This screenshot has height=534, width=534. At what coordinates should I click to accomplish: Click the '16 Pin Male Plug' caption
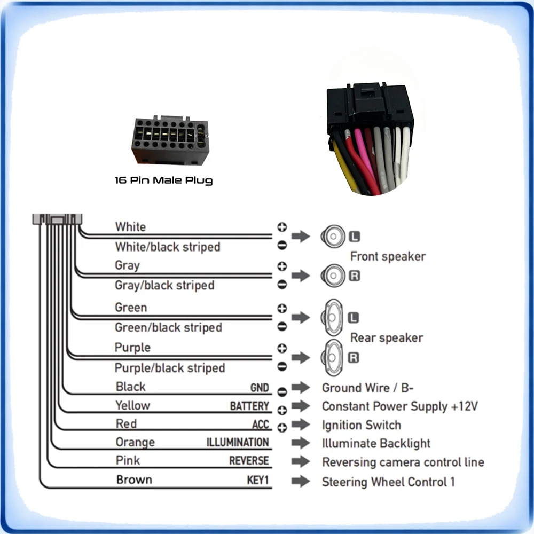(164, 180)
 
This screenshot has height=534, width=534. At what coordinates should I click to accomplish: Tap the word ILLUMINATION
(238, 442)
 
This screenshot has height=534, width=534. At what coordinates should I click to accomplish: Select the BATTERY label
(249, 406)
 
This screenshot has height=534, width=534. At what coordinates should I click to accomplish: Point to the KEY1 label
(258, 480)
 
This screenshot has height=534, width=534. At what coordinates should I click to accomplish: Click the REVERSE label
(249, 460)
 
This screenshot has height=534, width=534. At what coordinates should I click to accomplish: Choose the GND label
(260, 388)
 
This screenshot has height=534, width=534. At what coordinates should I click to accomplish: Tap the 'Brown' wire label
(134, 480)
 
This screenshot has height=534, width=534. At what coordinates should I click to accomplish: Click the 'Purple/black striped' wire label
(170, 368)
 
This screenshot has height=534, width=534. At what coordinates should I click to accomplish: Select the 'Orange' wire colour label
(135, 442)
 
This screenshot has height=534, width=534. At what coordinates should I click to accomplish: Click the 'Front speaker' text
(388, 256)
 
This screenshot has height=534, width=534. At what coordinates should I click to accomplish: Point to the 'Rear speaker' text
(387, 338)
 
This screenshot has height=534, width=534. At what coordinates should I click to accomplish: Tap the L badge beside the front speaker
(355, 237)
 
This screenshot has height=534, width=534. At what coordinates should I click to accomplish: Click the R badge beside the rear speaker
(354, 358)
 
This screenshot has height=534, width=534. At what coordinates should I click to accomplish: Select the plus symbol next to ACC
(282, 427)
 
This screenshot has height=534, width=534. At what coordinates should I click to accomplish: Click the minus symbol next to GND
(282, 392)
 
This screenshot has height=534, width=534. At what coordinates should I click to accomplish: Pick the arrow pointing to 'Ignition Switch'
(301, 425)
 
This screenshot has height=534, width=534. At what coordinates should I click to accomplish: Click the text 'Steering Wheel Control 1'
(388, 482)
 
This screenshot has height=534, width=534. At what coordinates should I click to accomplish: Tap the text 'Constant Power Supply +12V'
(400, 406)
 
